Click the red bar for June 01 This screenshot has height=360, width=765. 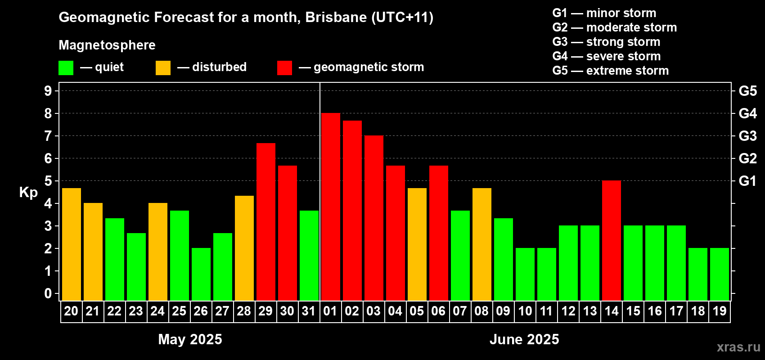331,207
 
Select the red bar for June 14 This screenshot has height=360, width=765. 611,240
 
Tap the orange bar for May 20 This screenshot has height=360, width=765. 72,244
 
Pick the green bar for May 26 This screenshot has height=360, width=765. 201,274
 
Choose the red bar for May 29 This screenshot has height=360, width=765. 265,222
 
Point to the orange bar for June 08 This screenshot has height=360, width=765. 482,244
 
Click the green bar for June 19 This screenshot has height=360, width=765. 720,274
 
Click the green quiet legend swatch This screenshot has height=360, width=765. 66,67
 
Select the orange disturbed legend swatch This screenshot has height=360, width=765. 163,67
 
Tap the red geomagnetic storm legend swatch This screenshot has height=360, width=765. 285,67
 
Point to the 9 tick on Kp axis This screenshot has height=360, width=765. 48,91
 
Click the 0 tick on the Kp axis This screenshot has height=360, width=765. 48,293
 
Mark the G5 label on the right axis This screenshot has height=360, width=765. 747,91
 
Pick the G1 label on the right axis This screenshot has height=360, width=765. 747,181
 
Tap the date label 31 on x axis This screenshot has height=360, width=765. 309,311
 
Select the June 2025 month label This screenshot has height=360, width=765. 524,339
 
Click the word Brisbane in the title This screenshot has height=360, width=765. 336,17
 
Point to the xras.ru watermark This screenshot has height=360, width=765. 738,347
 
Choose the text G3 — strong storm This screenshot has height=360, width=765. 606,42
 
